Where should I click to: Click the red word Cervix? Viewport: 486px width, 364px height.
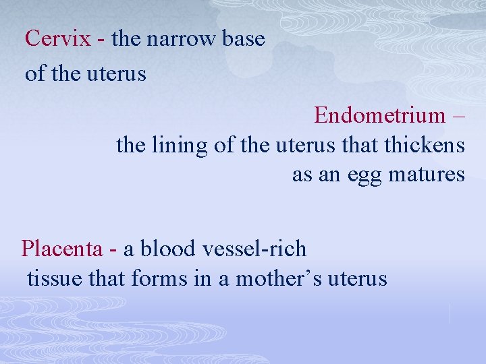(x=57, y=38)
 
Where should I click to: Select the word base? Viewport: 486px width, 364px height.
(x=246, y=38)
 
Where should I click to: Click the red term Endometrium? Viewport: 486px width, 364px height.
(x=379, y=115)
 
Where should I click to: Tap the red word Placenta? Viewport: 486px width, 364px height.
(x=62, y=249)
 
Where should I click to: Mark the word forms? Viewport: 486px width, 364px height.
(x=160, y=278)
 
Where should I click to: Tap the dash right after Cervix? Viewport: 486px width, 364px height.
(x=101, y=40)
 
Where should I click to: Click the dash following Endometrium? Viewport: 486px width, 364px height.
(x=459, y=117)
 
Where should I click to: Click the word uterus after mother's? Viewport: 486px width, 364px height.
(x=357, y=278)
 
